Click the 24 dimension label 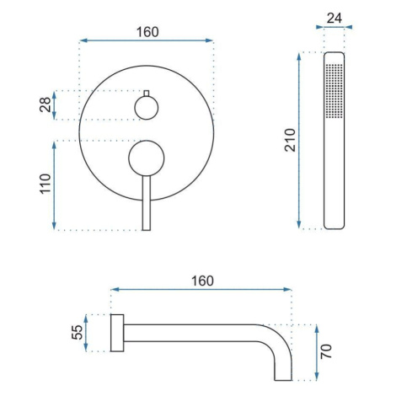pyautogui.click(x=334, y=19)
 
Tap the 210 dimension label pyautogui.click(x=290, y=140)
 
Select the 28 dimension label pyautogui.click(x=45, y=104)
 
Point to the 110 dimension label pyautogui.click(x=45, y=184)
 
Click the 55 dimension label pyautogui.click(x=78, y=333)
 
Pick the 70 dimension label pyautogui.click(x=326, y=351)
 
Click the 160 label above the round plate pyautogui.click(x=147, y=32)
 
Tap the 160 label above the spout pyautogui.click(x=202, y=281)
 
